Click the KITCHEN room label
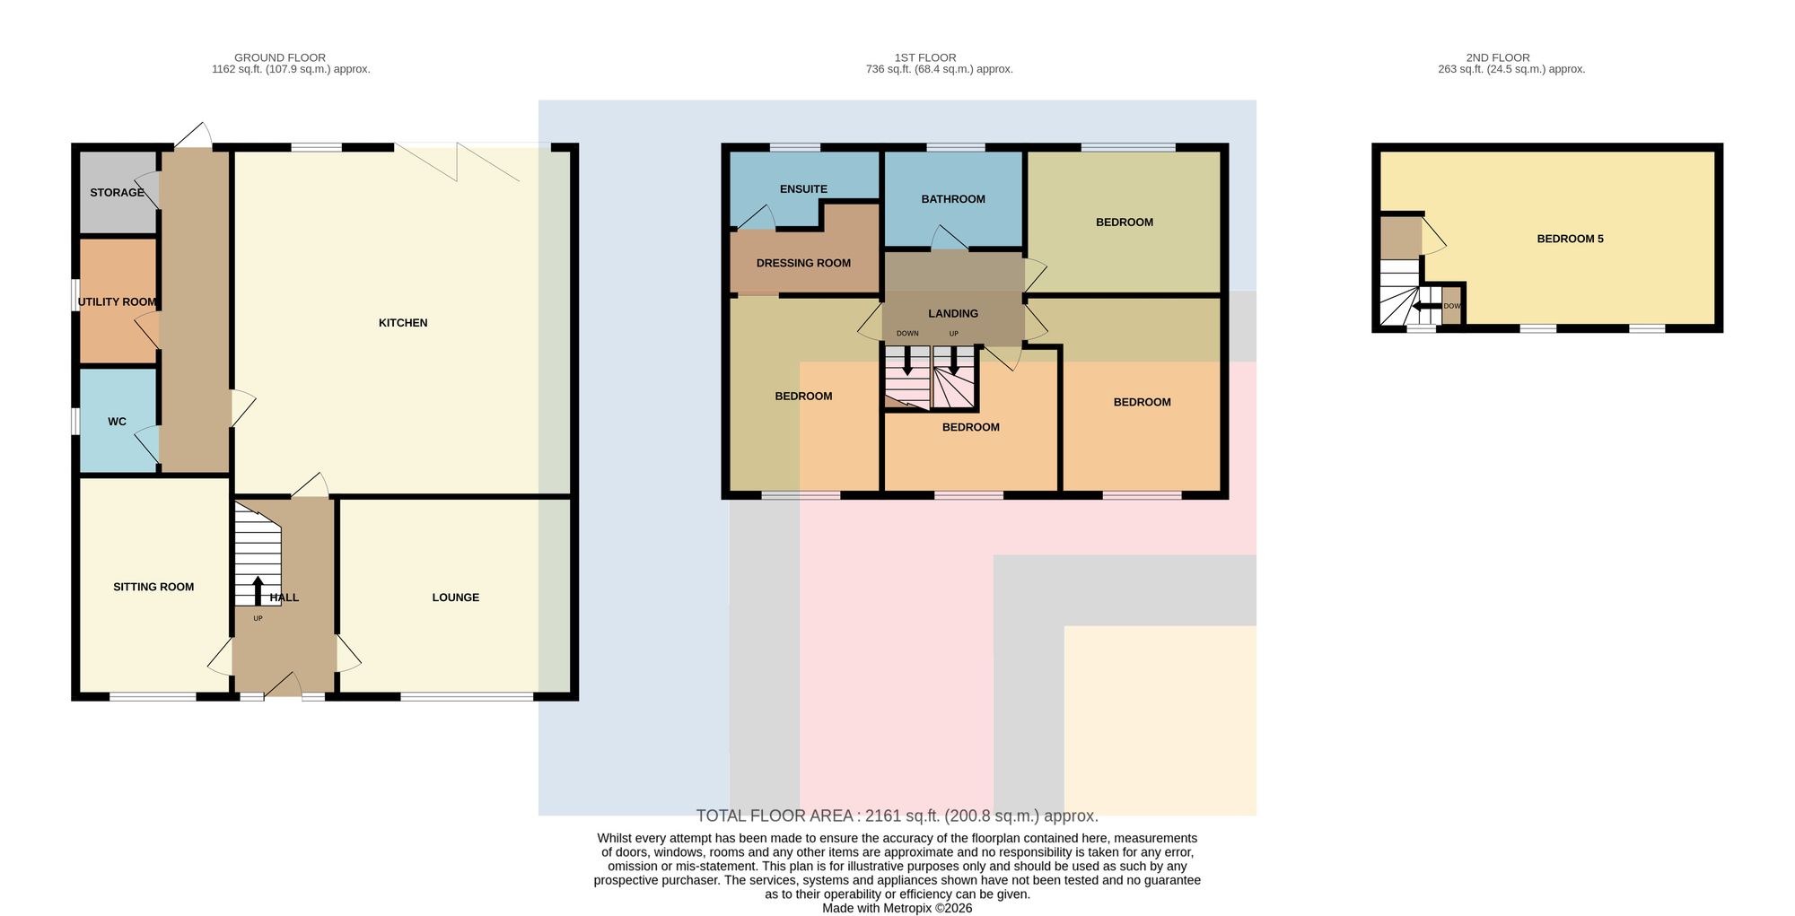(403, 323)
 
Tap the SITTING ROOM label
(153, 587)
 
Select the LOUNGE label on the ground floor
(456, 598)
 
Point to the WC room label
(117, 422)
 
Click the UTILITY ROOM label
(117, 302)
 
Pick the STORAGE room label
(117, 193)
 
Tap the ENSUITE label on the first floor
(803, 189)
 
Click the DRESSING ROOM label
(803, 264)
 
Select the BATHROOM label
(953, 199)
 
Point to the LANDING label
(953, 314)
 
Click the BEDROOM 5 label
(1570, 239)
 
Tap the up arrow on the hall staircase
(258, 590)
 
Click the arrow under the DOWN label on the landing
(907, 361)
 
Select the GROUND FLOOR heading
(280, 57)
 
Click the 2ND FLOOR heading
(1498, 57)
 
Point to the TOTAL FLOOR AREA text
(897, 816)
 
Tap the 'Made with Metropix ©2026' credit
(897, 908)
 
